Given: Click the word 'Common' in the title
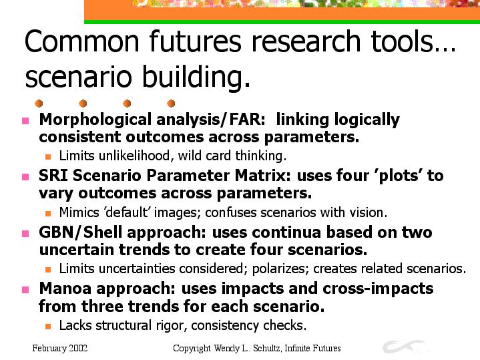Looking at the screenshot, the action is tap(81, 41).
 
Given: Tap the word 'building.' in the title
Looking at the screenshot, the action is tap(196, 77).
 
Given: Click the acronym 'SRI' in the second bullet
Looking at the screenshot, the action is tap(53, 176).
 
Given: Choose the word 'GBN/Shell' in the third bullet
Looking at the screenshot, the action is tap(81, 232).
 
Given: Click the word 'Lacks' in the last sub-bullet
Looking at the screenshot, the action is tap(75, 325).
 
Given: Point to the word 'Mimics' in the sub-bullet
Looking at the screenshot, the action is tap(79, 212).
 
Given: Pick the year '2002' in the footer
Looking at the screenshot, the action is tap(78, 348).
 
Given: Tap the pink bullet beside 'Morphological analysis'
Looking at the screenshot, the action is tap(25, 121).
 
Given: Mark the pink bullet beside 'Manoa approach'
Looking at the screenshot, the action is tap(25, 289).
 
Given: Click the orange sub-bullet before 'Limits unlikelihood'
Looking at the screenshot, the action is tap(48, 157).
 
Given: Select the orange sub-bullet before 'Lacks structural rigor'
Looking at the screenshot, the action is tap(48, 327).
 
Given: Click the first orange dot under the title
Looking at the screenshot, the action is tap(39, 104).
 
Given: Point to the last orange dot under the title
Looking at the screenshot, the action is tap(171, 104).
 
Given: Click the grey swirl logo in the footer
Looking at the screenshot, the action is tap(403, 347).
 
